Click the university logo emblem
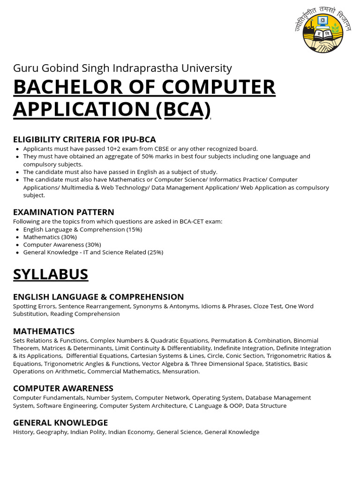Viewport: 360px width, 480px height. click(322, 33)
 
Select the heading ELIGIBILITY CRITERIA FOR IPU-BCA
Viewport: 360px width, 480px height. click(84, 139)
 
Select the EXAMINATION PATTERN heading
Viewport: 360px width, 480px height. click(64, 212)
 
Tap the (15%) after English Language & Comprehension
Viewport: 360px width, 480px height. click(135, 230)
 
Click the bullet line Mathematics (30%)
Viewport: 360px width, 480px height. click(50, 237)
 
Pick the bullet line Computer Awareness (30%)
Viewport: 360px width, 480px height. click(62, 245)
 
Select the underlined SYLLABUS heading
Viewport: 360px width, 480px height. click(51, 274)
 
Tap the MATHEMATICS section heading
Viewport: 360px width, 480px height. click(44, 331)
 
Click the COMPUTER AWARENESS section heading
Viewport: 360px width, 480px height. click(63, 388)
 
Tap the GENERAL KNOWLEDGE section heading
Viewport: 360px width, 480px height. click(60, 422)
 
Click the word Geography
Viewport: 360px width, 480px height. click(52, 432)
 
